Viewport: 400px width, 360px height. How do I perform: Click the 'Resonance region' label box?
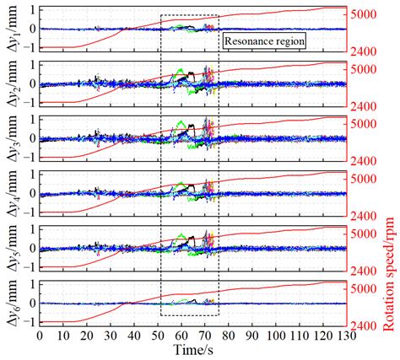(263, 40)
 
